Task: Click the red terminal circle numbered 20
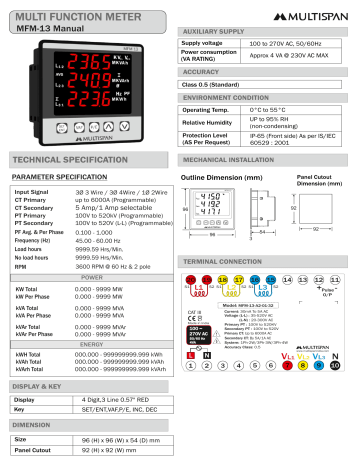coord(190,279)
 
